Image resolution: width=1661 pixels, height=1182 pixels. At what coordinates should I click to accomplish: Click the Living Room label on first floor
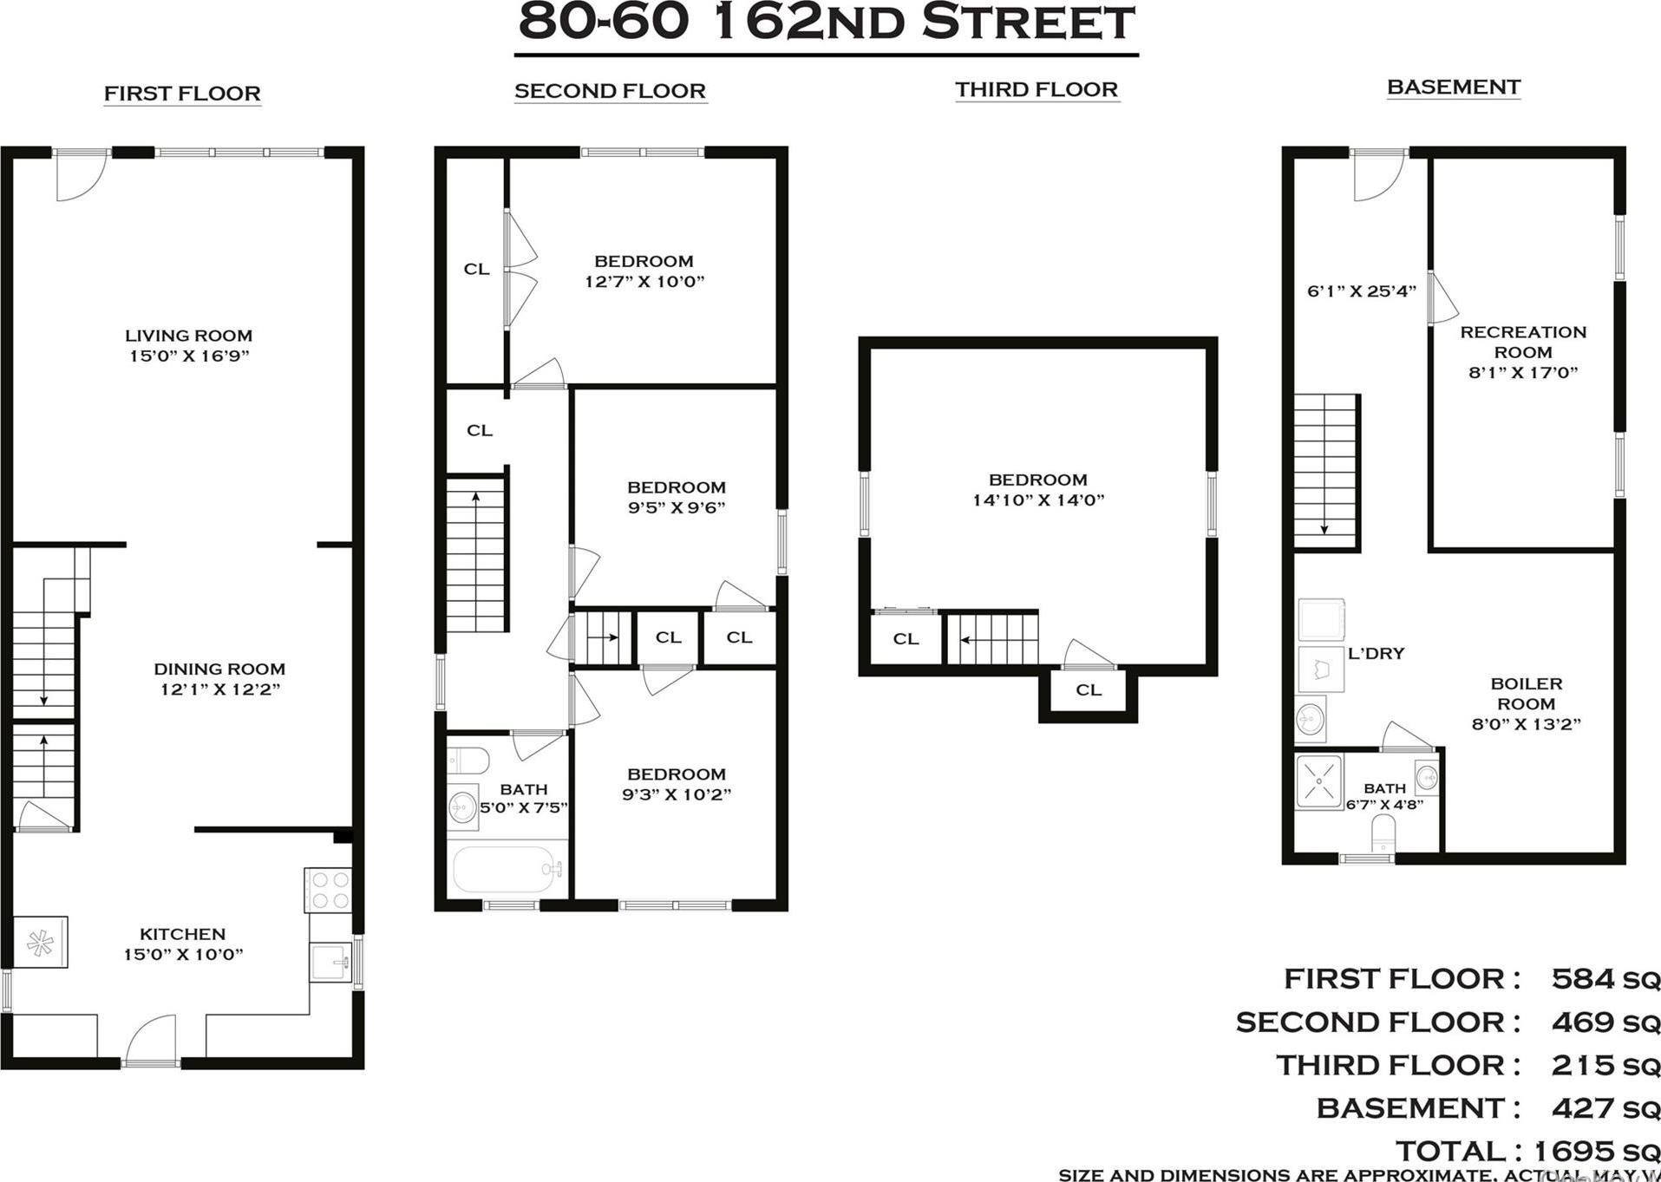(188, 336)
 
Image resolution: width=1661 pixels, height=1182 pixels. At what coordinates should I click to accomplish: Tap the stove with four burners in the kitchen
(328, 890)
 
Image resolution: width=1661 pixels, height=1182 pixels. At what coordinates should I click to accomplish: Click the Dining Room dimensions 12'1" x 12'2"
(219, 690)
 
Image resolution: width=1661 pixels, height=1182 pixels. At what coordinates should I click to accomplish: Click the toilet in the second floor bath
(467, 761)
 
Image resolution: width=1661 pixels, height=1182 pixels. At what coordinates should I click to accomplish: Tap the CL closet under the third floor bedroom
(1089, 690)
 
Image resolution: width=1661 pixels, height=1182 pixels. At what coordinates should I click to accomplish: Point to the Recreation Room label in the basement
(1523, 342)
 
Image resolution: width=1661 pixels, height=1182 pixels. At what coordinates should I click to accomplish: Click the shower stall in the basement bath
(1319, 782)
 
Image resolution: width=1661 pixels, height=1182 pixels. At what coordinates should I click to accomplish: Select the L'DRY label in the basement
(1376, 654)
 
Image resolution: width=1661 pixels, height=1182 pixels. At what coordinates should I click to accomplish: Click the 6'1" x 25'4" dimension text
(1361, 291)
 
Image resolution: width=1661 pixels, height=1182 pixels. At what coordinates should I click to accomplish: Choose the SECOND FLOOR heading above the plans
(610, 91)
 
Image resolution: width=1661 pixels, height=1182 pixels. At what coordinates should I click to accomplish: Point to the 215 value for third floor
(1582, 1065)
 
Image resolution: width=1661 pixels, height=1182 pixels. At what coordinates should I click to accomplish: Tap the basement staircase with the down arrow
(1325, 470)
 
